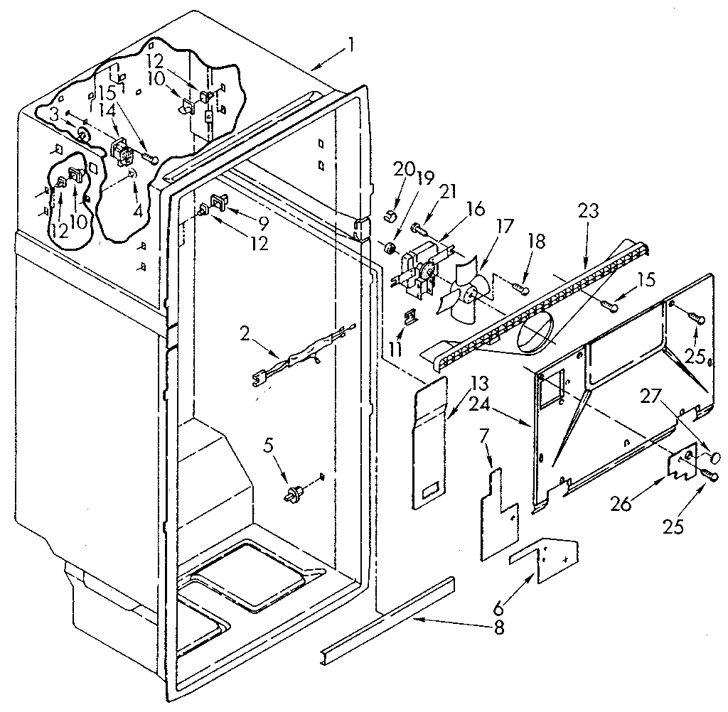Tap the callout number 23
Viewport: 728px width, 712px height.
pos(589,211)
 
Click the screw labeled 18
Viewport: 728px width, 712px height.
pos(521,287)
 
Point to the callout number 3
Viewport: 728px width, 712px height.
pos(55,114)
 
